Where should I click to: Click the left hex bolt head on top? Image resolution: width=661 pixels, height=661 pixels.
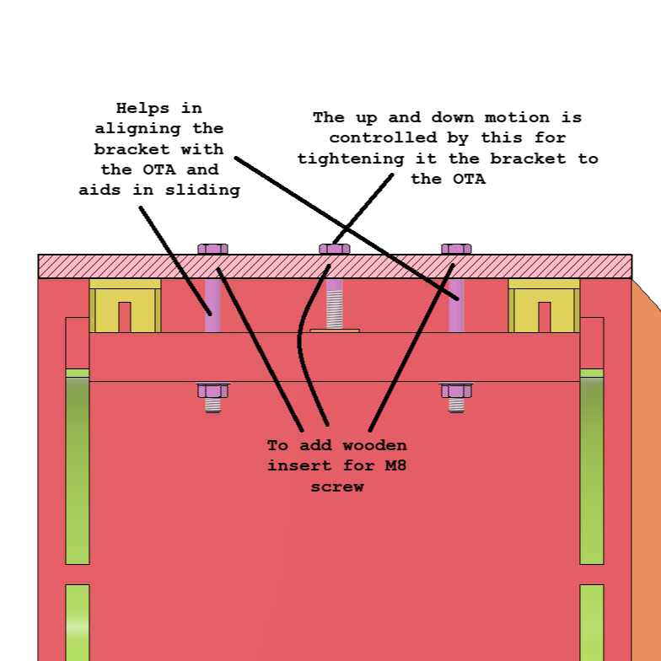coord(212,249)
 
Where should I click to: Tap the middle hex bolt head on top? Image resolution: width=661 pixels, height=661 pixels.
coord(335,249)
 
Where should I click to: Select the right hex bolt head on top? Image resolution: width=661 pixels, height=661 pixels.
coord(456,249)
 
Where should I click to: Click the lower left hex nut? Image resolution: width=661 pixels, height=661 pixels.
coord(212,391)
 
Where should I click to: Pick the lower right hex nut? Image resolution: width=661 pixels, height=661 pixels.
coord(456,391)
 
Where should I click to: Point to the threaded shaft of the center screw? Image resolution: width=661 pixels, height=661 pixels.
coord(335,304)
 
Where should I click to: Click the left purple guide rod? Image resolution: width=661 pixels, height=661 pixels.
coord(212,305)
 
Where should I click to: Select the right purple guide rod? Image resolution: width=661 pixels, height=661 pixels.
coord(456,305)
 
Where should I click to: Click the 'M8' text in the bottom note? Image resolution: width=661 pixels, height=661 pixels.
coord(390,465)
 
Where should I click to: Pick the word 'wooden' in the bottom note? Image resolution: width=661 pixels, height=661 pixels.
coord(375,444)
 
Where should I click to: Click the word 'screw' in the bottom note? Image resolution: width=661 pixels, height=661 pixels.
coord(337,486)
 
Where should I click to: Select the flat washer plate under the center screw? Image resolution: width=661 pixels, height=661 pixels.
coord(335,330)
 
